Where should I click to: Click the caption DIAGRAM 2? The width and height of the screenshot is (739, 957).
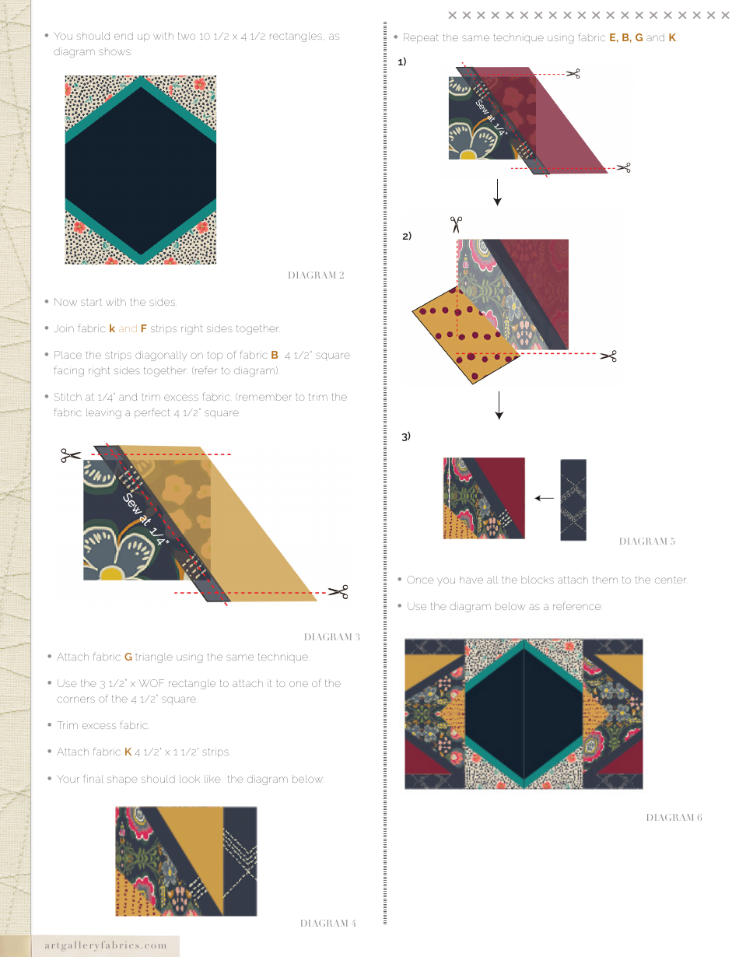click(316, 275)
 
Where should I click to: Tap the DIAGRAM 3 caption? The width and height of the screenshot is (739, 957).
click(331, 637)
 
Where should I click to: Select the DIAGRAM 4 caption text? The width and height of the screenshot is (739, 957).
click(327, 924)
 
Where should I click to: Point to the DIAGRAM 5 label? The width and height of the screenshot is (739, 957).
click(646, 542)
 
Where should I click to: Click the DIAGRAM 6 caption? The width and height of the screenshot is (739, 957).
click(674, 818)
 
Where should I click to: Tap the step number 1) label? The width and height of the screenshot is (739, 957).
click(402, 61)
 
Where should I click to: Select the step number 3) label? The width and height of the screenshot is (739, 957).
click(406, 437)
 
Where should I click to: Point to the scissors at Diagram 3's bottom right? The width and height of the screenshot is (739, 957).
click(338, 593)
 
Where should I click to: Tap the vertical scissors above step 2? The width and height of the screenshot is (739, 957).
click(456, 225)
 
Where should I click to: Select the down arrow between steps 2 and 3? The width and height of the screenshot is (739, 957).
click(499, 405)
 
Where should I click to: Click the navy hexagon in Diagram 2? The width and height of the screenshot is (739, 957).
click(141, 170)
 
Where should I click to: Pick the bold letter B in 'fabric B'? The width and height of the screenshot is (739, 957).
click(275, 356)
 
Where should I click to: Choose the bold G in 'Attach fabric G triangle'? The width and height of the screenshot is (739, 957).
click(128, 657)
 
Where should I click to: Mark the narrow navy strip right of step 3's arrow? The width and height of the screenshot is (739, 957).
click(573, 500)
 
